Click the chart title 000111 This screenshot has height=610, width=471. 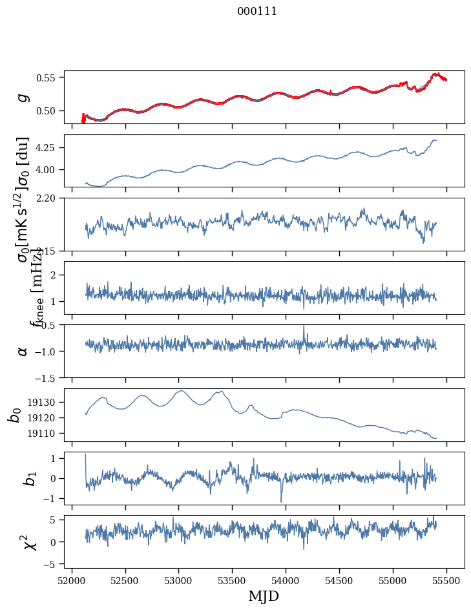pos(256,11)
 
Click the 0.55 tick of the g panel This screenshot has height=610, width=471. pos(49,78)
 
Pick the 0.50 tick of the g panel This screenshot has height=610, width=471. pos(49,110)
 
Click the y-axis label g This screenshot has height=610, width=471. pos(23,97)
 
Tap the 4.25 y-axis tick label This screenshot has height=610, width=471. pos(49,148)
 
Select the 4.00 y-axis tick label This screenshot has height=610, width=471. pos(49,169)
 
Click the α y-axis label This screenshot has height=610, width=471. pos(23,351)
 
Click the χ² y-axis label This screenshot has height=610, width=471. pos(23,542)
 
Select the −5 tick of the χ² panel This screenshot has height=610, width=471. pos(52,564)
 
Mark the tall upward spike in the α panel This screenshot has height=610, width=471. pos(304,326)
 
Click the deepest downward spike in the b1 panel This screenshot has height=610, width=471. pos(281,501)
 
